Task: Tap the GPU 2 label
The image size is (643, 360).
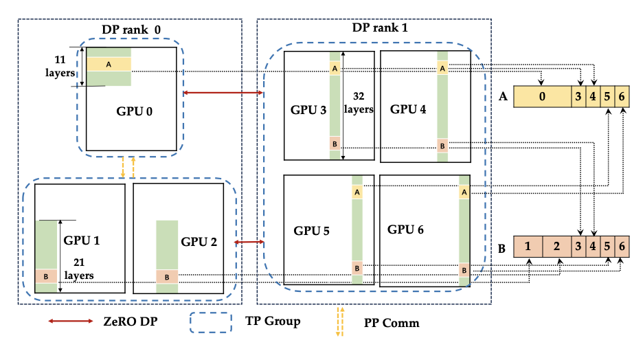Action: click(200, 242)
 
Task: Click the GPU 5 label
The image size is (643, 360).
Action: click(312, 231)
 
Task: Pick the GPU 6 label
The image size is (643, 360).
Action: click(405, 229)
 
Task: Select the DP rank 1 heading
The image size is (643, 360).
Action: click(375, 30)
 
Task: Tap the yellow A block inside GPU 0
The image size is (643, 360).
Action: click(109, 64)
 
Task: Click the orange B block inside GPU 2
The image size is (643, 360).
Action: click(167, 275)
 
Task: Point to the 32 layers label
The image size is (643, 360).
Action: click(362, 103)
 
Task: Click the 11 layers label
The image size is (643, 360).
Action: click(60, 65)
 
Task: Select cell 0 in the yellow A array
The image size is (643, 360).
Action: click(543, 97)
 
